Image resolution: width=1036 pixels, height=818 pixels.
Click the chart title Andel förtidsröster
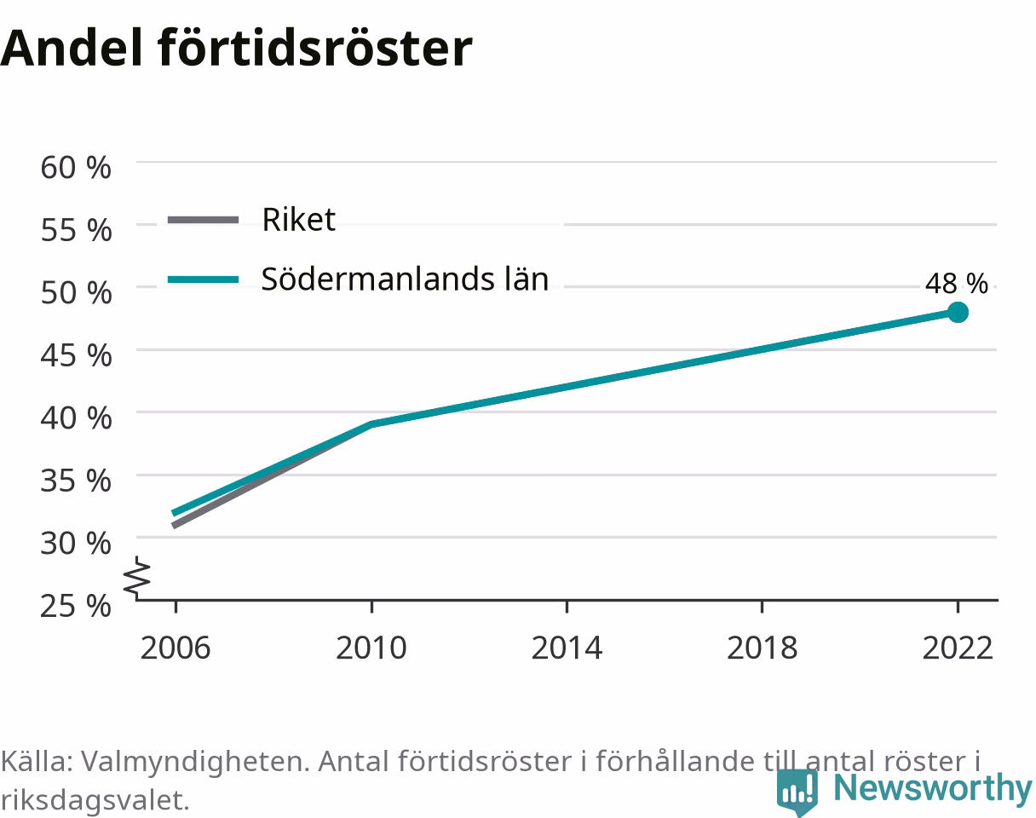pos(236,49)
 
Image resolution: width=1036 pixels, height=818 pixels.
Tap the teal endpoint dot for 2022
pos(958,313)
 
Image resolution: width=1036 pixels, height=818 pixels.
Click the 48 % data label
pos(956,284)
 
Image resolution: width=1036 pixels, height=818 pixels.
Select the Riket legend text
pos(298,220)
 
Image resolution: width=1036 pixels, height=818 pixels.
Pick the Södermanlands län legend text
pos(405,279)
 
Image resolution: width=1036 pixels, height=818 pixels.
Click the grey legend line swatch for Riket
pos(203,220)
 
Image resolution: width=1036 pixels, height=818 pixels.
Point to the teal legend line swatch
pos(203,279)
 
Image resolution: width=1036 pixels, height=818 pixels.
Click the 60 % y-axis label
pos(76,168)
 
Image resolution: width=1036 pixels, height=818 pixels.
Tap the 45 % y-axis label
pos(76,356)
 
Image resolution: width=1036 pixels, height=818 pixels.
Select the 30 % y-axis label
pos(76,544)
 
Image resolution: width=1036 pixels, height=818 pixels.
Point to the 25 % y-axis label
pos(76,606)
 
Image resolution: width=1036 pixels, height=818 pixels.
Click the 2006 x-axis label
pos(176,648)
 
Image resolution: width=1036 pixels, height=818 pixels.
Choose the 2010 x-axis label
pos(371,648)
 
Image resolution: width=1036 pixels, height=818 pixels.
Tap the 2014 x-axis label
pos(567,648)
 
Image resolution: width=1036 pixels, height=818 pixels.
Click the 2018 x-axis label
pos(762,648)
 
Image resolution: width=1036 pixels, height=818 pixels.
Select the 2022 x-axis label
pos(958,648)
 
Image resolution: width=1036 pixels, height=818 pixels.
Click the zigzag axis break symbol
pos(137,576)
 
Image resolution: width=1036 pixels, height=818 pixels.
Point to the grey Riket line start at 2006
pos(173,525)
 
